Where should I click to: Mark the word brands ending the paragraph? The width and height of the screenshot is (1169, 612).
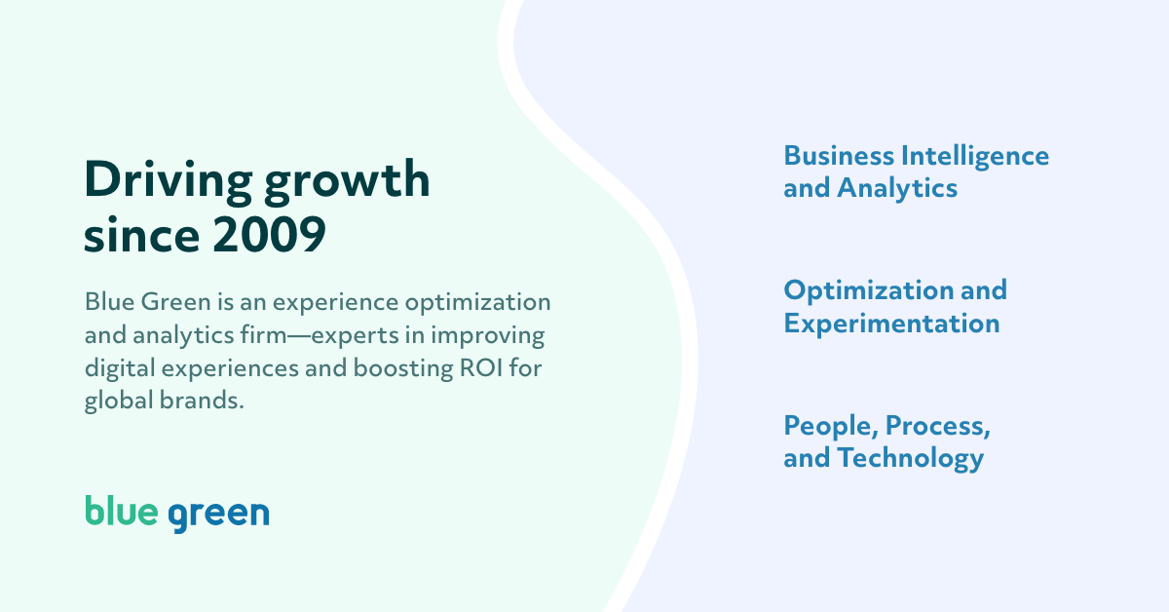click(x=201, y=402)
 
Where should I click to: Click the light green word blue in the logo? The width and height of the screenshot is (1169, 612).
click(x=120, y=512)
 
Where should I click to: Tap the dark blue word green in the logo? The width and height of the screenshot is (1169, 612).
click(x=218, y=514)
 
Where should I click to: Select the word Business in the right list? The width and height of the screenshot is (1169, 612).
click(x=839, y=156)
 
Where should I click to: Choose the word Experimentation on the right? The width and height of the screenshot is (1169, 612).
click(x=891, y=324)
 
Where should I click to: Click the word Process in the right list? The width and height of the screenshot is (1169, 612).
click(x=934, y=427)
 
